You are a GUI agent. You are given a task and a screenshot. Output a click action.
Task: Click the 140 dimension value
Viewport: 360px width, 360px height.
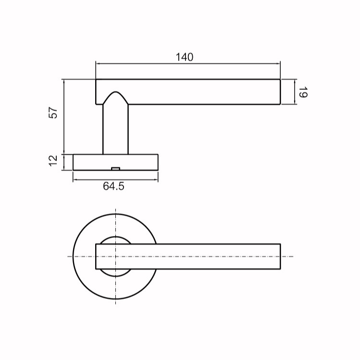tap(185, 57)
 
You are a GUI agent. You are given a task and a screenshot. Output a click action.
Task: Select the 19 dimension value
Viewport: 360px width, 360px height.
tap(303, 92)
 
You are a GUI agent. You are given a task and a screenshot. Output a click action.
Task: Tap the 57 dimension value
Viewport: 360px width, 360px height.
tap(53, 113)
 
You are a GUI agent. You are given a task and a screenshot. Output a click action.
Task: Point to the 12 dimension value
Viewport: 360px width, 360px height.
tap(53, 161)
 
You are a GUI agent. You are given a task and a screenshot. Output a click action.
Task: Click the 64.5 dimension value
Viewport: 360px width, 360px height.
tap(113, 186)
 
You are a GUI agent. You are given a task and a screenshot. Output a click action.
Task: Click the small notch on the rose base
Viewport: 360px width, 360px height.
tap(115, 169)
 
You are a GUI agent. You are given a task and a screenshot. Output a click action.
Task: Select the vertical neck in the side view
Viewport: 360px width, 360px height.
tap(115, 129)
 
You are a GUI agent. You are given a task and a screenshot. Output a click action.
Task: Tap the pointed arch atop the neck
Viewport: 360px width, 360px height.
tap(115, 98)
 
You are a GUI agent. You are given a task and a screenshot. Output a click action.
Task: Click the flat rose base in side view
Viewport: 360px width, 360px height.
tap(115, 162)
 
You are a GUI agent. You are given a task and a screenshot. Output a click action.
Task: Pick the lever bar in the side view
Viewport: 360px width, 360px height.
tap(188, 92)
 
